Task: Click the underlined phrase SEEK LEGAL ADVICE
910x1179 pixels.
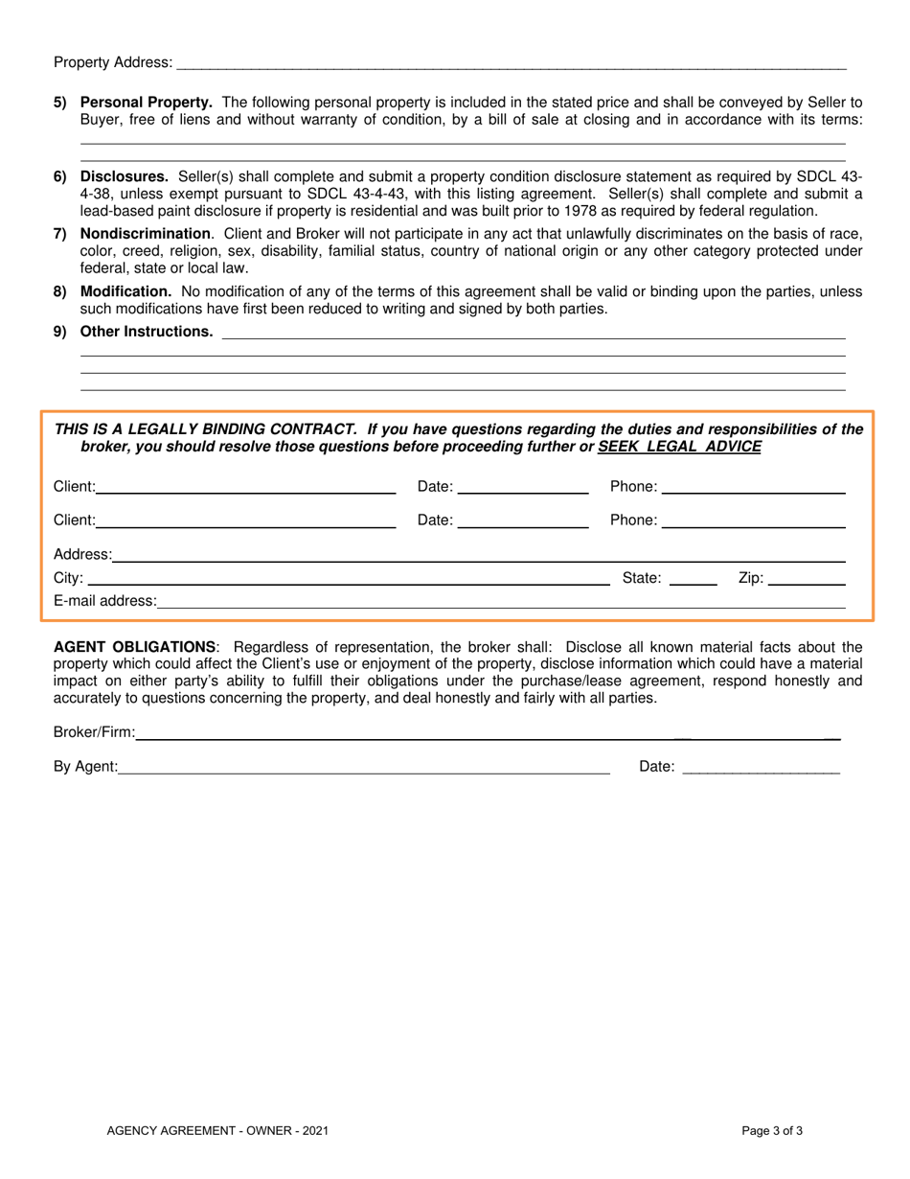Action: point(679,447)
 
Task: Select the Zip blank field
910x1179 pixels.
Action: point(807,580)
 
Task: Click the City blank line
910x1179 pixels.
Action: point(341,580)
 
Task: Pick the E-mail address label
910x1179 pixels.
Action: point(104,602)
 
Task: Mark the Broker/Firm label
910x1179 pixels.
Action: point(94,706)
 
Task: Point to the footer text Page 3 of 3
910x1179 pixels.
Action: point(772,1131)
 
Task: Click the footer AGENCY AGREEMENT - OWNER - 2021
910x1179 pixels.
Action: point(218,1131)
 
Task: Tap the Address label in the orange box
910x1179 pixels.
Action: point(82,554)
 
